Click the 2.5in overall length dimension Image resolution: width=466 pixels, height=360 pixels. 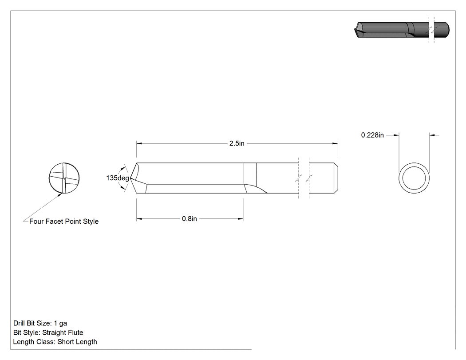(x=237, y=143)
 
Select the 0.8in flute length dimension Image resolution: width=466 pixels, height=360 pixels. (x=190, y=219)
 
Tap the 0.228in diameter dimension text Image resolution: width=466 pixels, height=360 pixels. (x=372, y=135)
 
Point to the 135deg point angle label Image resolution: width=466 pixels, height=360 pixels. (x=118, y=178)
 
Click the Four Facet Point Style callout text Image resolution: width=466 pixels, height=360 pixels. (x=64, y=222)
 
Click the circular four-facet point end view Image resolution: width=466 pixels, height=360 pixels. (x=64, y=178)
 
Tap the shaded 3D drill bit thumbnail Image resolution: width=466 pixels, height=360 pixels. (x=402, y=30)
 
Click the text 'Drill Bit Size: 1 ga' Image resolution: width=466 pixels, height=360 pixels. (x=40, y=323)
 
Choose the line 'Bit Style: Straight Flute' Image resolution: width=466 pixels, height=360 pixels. (x=48, y=332)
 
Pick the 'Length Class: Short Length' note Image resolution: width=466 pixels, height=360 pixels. (x=55, y=342)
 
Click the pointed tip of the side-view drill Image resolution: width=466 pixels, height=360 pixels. (x=130, y=178)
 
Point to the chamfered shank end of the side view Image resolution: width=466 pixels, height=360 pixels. (x=336, y=178)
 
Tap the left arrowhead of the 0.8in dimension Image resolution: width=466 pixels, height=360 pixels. (x=139, y=219)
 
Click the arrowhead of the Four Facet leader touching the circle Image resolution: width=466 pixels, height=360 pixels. (x=60, y=195)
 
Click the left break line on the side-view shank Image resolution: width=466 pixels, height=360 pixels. (x=299, y=178)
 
